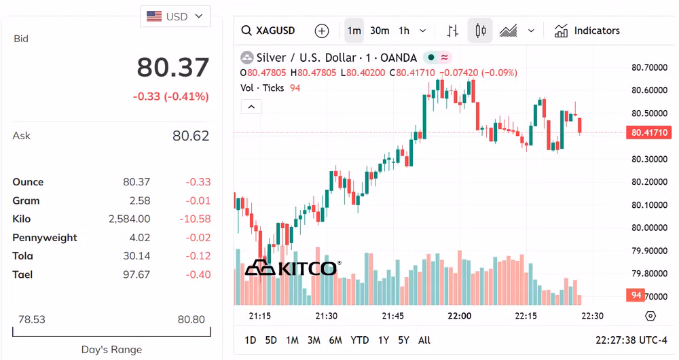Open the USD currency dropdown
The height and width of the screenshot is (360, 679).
(x=175, y=16)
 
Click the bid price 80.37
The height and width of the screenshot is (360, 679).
(x=173, y=68)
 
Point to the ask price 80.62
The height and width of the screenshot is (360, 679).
(x=191, y=136)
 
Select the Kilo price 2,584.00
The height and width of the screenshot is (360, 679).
(x=129, y=219)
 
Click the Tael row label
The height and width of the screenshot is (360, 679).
(x=22, y=274)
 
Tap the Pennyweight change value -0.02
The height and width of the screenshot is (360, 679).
(x=198, y=238)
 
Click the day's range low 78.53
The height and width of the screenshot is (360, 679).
(x=31, y=319)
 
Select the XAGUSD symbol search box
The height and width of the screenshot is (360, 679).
(x=269, y=31)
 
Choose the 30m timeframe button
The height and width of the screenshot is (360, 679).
(x=380, y=31)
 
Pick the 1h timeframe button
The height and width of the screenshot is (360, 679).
(x=404, y=31)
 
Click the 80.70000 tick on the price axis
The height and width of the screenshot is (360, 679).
(x=649, y=67)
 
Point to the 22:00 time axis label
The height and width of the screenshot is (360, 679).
(x=460, y=316)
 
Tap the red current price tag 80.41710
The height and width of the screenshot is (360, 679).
(x=648, y=132)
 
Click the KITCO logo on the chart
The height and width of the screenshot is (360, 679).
(x=292, y=268)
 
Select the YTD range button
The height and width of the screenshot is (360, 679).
(x=359, y=340)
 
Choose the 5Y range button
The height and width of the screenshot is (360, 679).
(x=404, y=340)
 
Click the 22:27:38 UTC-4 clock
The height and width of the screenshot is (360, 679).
(x=631, y=340)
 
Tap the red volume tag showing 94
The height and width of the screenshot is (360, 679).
(x=636, y=295)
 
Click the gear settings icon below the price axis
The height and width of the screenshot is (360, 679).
(x=650, y=316)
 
